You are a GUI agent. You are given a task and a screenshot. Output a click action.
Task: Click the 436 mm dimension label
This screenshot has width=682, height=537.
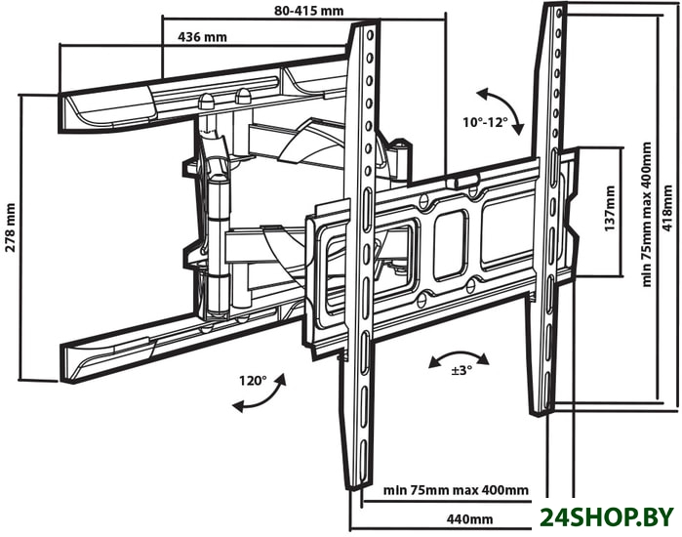(x=202, y=37)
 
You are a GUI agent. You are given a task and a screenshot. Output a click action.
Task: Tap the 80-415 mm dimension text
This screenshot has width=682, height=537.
(x=309, y=12)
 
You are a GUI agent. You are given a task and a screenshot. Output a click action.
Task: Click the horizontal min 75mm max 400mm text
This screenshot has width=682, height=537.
(x=456, y=490)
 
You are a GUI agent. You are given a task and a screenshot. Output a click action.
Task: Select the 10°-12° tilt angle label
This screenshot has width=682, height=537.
(x=486, y=123)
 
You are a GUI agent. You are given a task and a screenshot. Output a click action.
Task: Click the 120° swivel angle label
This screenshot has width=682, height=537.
(x=252, y=381)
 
